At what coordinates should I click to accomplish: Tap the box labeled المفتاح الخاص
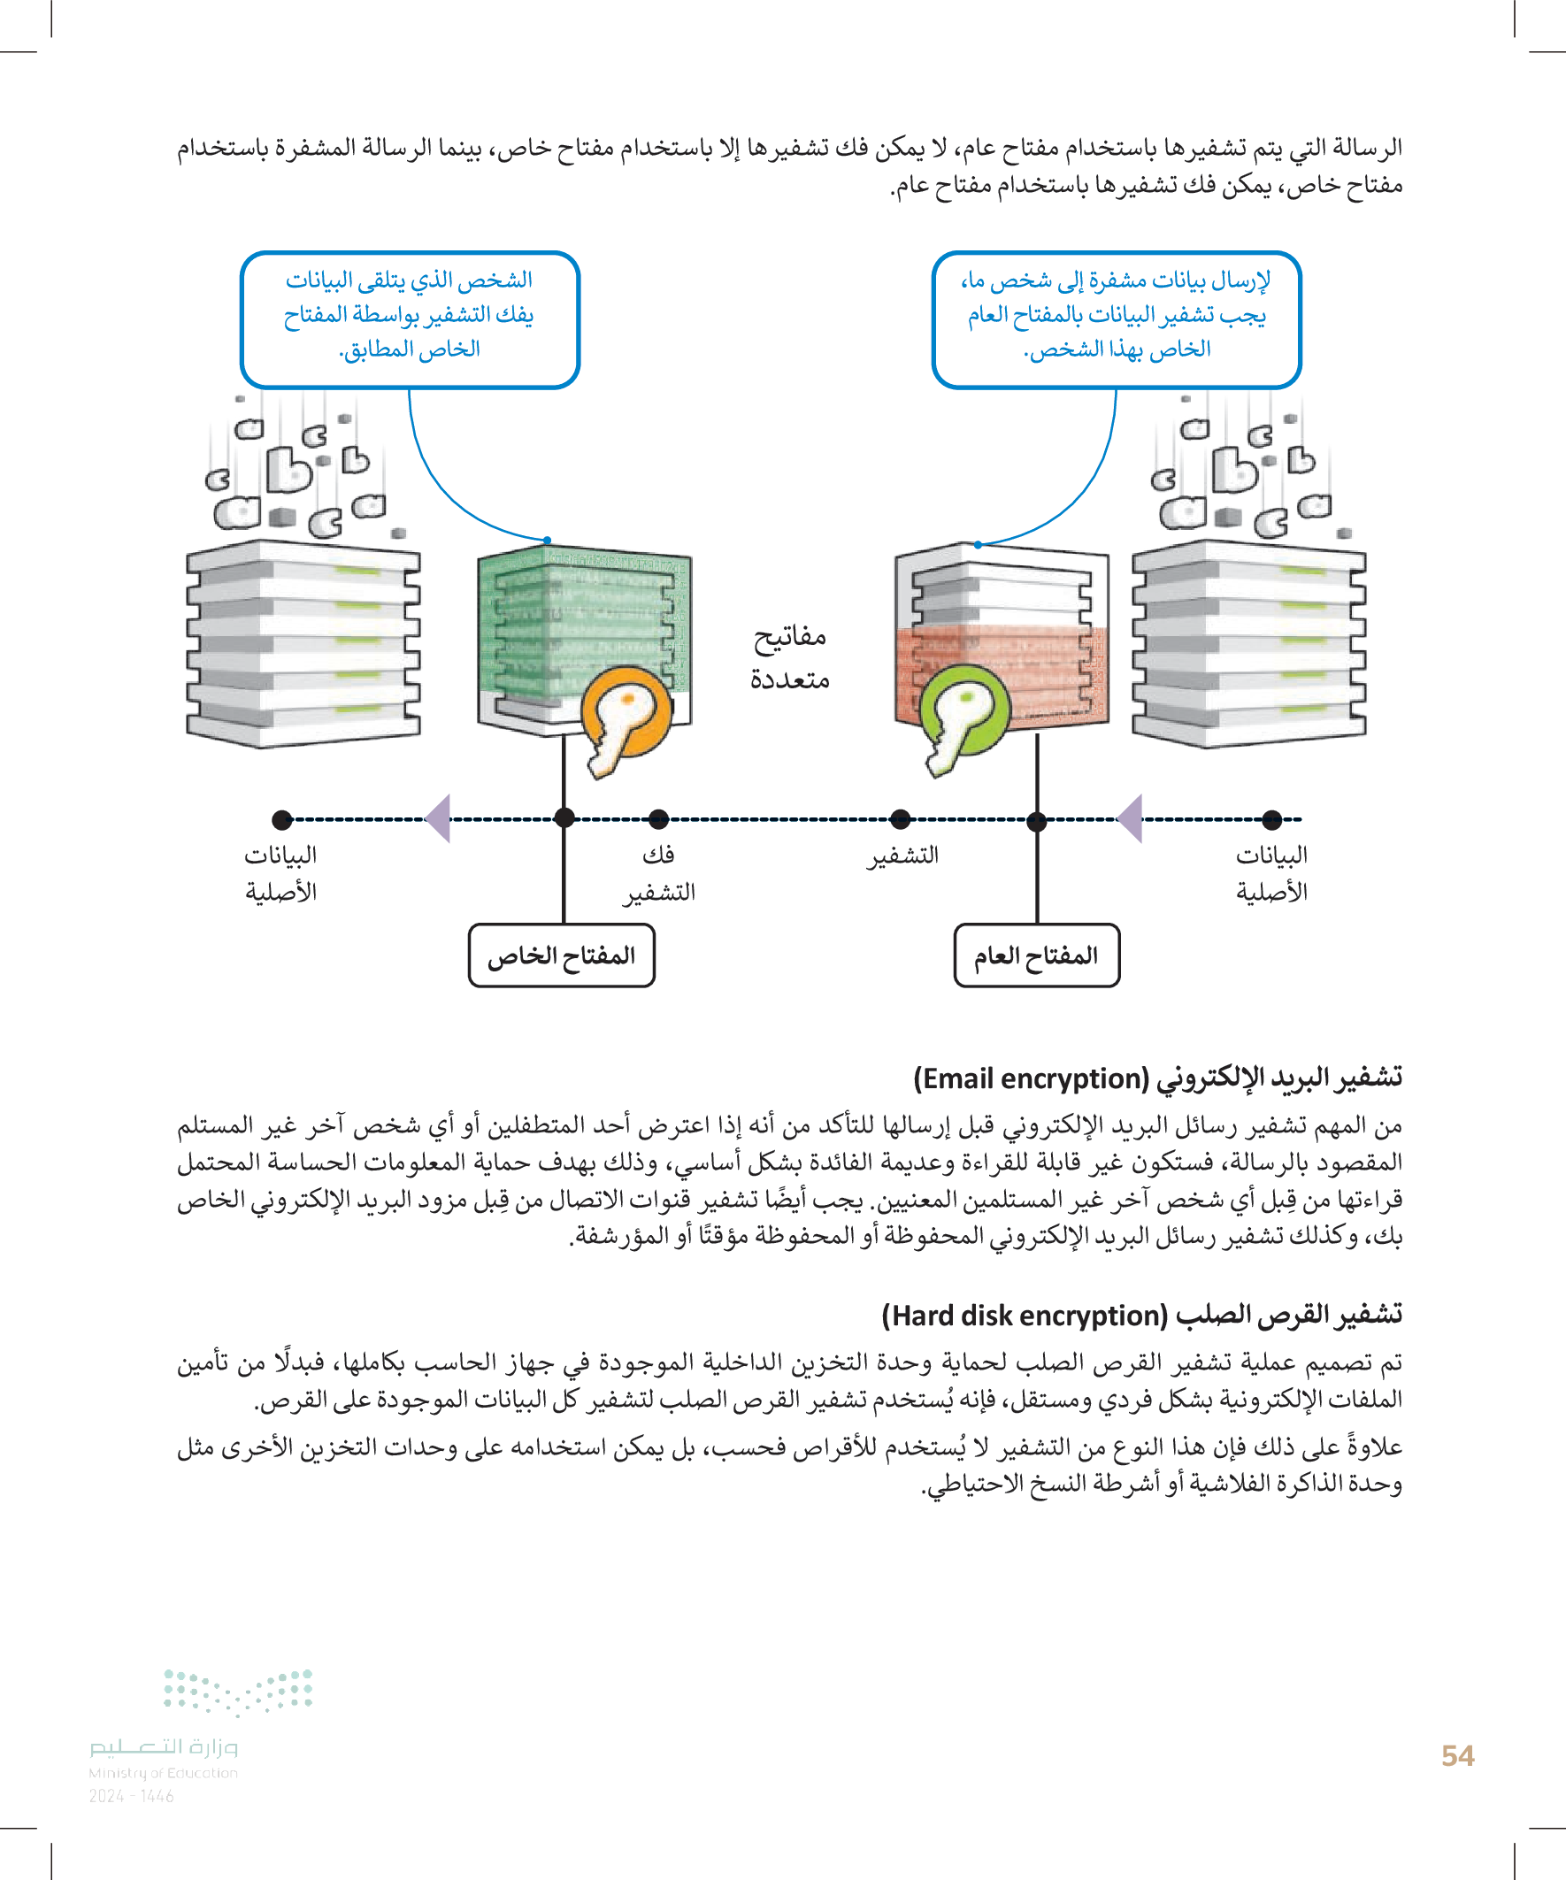pyautogui.click(x=562, y=955)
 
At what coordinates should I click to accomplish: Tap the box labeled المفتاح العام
pyautogui.click(x=1037, y=955)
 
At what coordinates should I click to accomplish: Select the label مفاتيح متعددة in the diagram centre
pyautogui.click(x=790, y=657)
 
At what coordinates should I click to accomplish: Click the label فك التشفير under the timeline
pyautogui.click(x=660, y=873)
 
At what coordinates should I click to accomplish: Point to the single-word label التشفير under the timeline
pyautogui.click(x=902, y=855)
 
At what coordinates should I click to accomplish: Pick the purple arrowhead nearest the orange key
pyautogui.click(x=439, y=818)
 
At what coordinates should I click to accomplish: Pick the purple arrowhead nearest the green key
pyautogui.click(x=1131, y=818)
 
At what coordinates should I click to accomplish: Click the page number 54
pyautogui.click(x=1458, y=1755)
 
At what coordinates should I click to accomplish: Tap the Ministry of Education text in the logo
pyautogui.click(x=163, y=1773)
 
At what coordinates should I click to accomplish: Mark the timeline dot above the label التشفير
pyautogui.click(x=901, y=818)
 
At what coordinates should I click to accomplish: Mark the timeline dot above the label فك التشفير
pyautogui.click(x=659, y=818)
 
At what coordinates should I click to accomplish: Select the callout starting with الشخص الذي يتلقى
pyautogui.click(x=410, y=318)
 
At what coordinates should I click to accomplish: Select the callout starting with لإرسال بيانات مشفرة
pyautogui.click(x=1116, y=318)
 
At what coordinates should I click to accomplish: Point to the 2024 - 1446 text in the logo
pyautogui.click(x=131, y=1796)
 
